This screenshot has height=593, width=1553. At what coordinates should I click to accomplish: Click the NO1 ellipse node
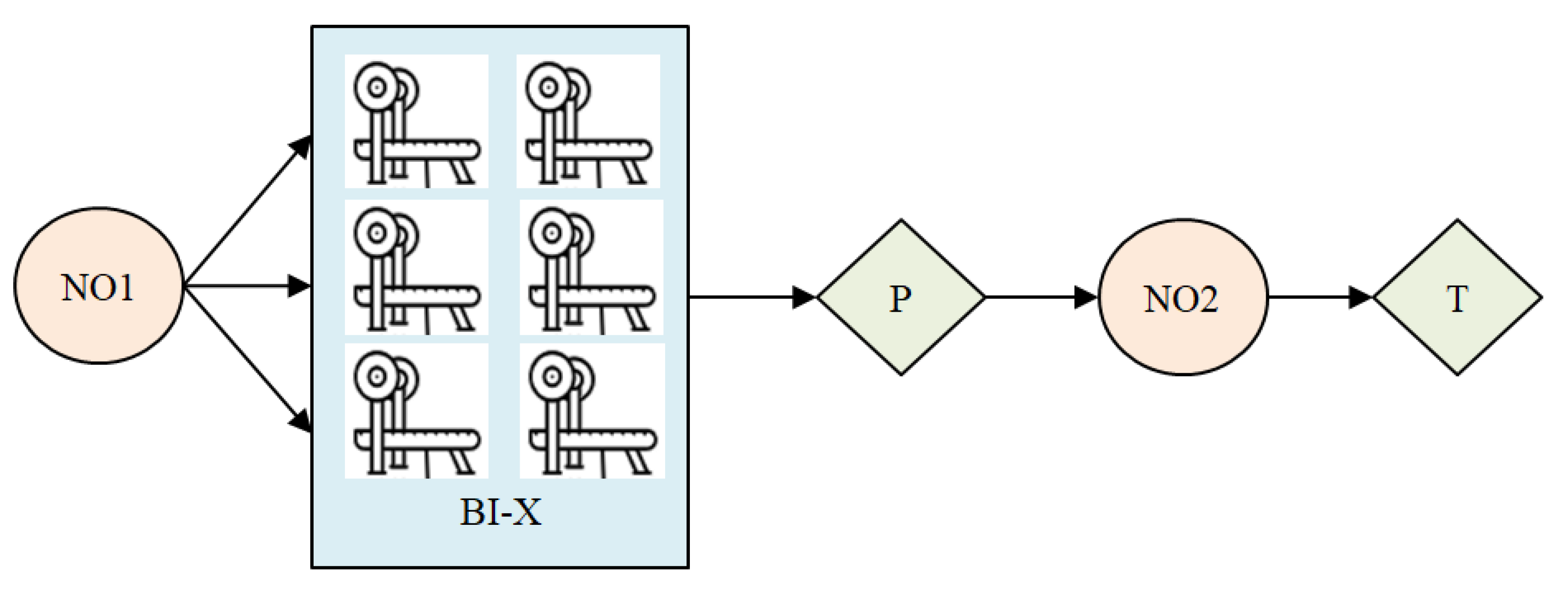[98, 286]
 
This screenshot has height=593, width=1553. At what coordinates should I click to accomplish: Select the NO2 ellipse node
[1182, 298]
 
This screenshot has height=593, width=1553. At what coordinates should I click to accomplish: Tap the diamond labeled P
[900, 298]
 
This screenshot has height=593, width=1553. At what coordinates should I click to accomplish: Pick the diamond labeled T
[1457, 298]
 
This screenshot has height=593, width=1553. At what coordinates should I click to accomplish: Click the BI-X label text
[500, 513]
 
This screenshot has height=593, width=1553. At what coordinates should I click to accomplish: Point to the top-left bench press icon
[416, 122]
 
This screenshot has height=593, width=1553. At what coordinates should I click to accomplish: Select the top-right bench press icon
[588, 122]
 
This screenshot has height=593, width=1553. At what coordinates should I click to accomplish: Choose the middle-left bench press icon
[416, 267]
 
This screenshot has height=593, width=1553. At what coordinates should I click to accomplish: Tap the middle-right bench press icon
[591, 267]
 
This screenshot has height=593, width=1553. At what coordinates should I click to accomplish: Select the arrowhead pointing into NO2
[1086, 298]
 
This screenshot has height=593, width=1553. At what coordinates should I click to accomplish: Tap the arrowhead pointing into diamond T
[1361, 298]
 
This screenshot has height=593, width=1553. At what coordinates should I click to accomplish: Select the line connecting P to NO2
[1031, 298]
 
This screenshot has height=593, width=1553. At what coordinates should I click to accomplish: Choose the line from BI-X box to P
[741, 298]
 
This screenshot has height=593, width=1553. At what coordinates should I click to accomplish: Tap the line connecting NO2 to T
[1308, 298]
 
